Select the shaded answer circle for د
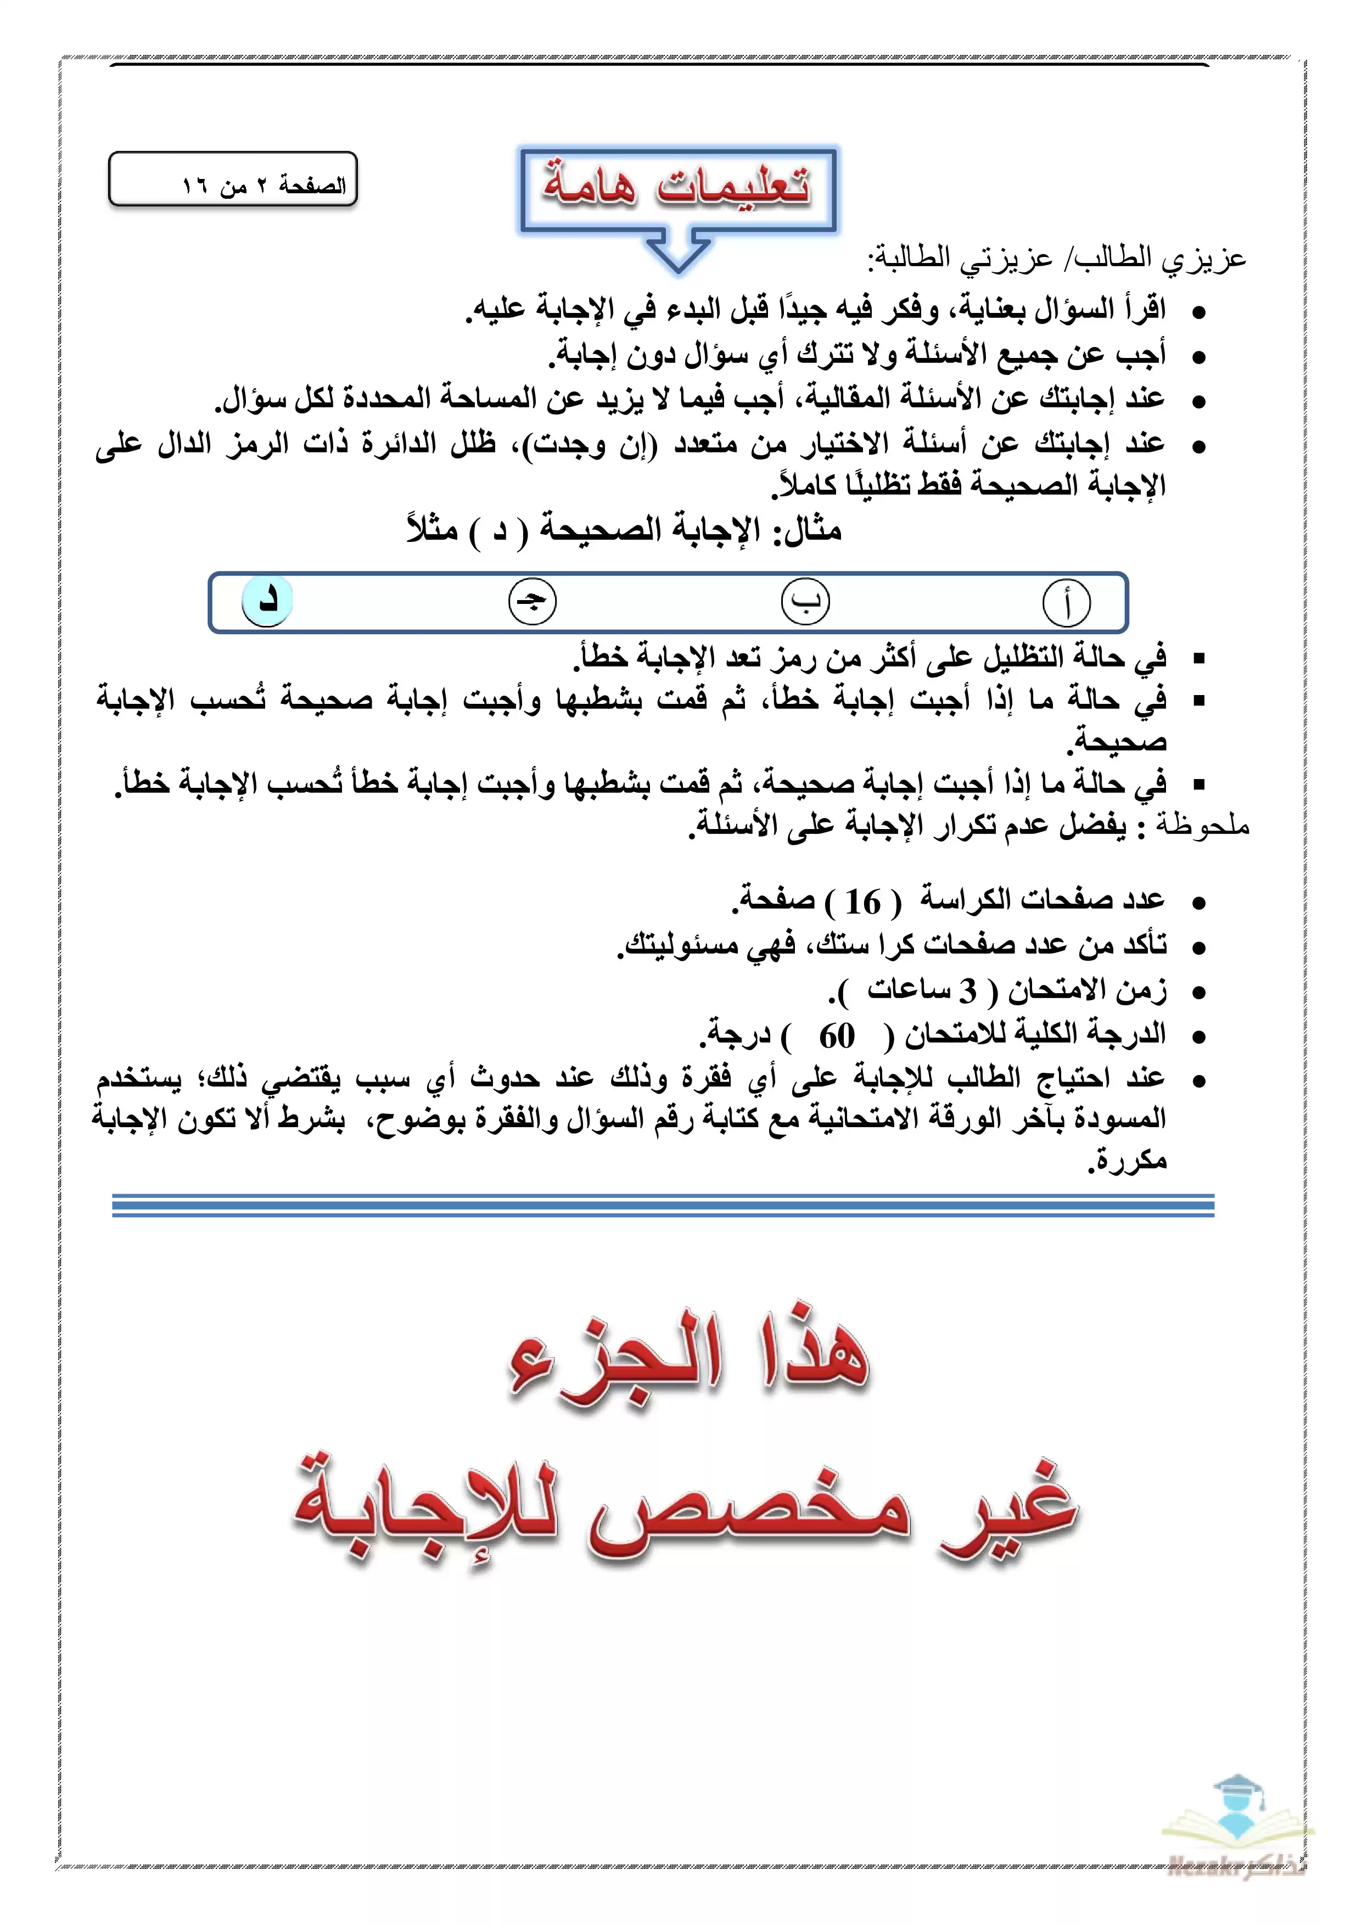(267, 601)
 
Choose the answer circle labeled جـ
(533, 601)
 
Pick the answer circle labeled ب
(805, 601)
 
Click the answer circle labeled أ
(1066, 603)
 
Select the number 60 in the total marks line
(836, 1036)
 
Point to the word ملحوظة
(1203, 826)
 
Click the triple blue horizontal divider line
(663, 1206)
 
